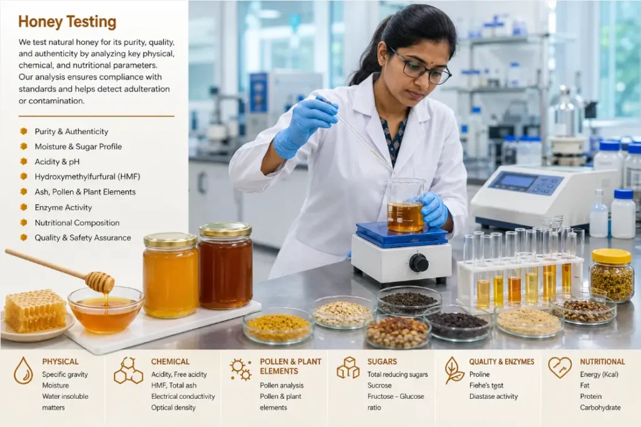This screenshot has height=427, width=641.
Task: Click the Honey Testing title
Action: click(68, 22)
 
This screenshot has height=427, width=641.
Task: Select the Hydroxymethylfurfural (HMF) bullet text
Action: click(88, 177)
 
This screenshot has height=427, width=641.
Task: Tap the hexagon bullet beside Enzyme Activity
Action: click(24, 207)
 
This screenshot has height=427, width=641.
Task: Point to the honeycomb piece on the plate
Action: click(35, 310)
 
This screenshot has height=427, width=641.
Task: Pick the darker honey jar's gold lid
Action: click(225, 230)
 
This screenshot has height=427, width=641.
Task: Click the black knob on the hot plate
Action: click(419, 262)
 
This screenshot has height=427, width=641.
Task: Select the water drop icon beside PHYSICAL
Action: click(23, 370)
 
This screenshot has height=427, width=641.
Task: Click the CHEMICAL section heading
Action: click(170, 361)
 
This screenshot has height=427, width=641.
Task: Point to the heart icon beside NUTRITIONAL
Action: click(560, 367)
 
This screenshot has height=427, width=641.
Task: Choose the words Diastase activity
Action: click(493, 396)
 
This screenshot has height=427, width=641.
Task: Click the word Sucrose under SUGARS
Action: click(379, 385)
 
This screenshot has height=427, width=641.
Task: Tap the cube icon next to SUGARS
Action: click(348, 368)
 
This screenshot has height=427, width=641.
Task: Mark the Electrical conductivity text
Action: click(183, 396)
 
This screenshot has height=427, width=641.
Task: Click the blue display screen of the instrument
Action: click(519, 180)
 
